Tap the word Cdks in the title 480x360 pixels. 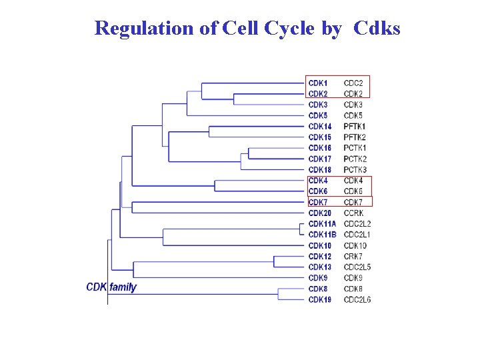pos(377,28)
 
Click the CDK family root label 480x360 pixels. pos(111,287)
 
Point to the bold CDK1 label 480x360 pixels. pos(318,83)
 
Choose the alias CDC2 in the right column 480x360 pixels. pos(353,83)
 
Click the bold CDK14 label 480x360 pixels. pos(320,127)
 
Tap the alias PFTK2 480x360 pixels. pos(355,137)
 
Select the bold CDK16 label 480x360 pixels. pos(320,148)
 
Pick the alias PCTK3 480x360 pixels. pos(355,170)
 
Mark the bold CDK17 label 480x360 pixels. pos(320,159)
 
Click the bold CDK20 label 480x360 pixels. pos(320,213)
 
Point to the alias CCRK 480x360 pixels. pos(354,213)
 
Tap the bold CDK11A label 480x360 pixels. pos(323,224)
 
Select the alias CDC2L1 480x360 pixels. pos(357,235)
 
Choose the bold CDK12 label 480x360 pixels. pos(320,257)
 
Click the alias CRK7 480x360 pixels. pos(353,257)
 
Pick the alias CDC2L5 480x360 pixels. pos(357,267)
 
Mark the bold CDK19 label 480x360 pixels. pos(320,300)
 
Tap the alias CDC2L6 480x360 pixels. pos(357,300)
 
